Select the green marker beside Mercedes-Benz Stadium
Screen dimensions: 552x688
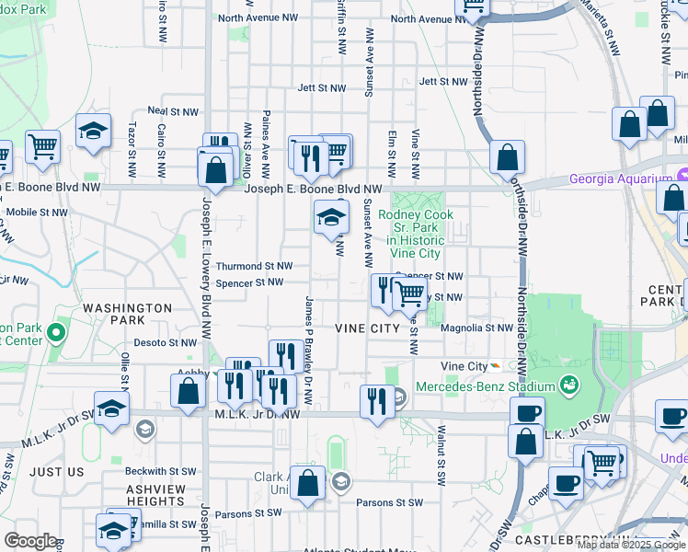(x=569, y=384)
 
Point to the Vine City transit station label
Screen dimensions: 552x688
(x=464, y=365)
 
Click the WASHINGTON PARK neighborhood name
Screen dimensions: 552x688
(x=127, y=314)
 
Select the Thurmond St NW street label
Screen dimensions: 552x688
(x=254, y=266)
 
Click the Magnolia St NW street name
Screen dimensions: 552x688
(x=476, y=328)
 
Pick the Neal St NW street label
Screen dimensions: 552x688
(x=179, y=111)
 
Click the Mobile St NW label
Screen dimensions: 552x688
(x=37, y=212)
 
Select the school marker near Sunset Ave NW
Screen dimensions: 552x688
(x=331, y=218)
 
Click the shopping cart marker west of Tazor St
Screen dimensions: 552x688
(x=41, y=146)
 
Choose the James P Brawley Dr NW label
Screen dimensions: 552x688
(x=309, y=351)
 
